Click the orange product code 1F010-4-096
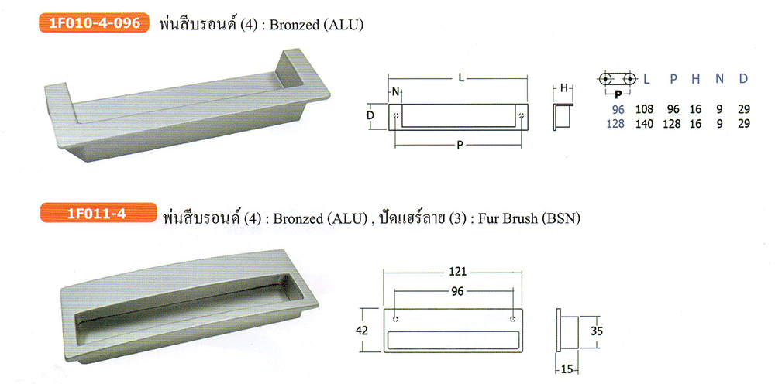point(94,23)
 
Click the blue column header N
point(720,79)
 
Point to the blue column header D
point(743,79)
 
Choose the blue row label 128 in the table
point(615,123)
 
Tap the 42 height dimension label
point(362,331)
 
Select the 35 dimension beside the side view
point(597,331)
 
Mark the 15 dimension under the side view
point(567,370)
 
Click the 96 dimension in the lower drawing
point(458,291)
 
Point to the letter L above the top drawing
point(461,78)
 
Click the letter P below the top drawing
point(460,145)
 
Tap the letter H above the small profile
point(563,89)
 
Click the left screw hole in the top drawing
point(395,116)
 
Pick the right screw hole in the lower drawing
point(514,318)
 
